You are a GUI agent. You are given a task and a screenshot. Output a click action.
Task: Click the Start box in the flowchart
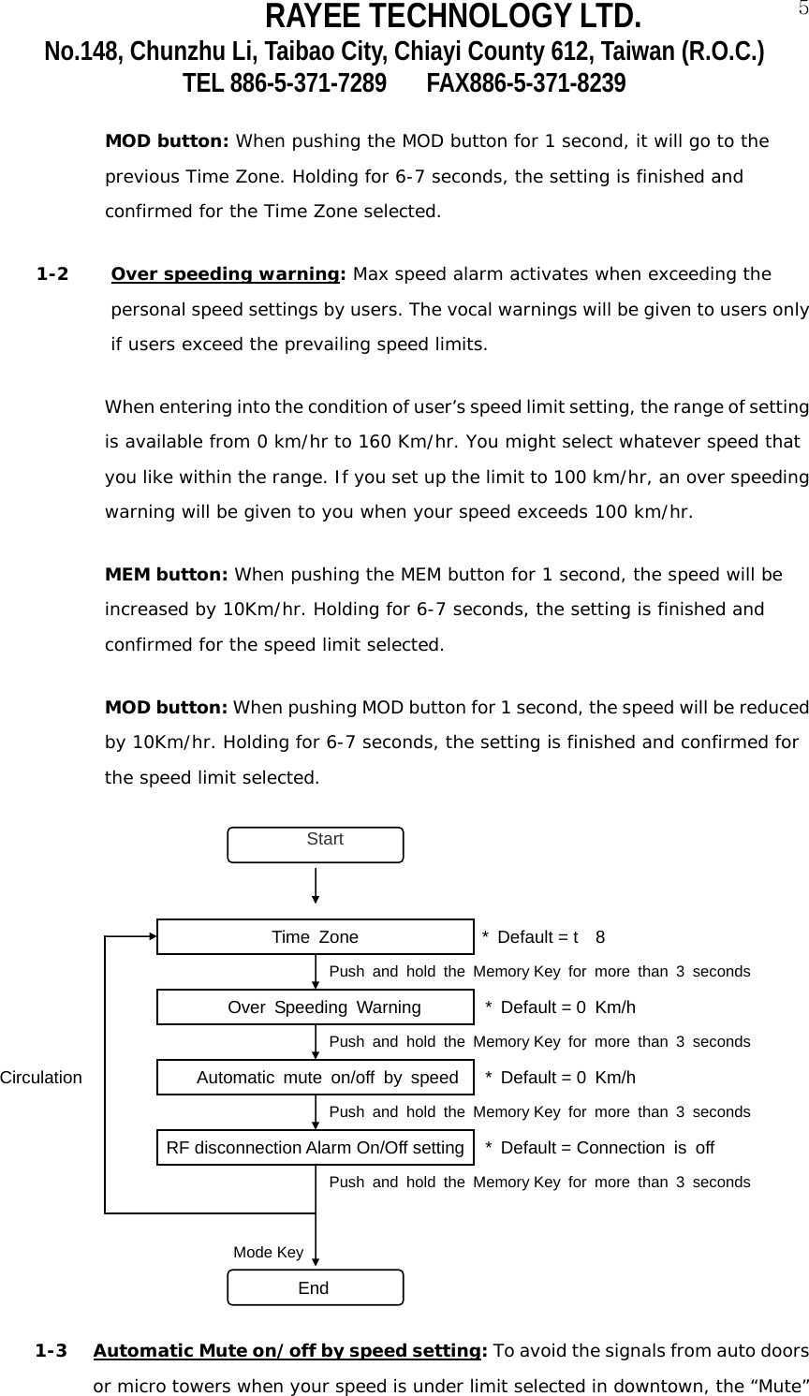pos(316,844)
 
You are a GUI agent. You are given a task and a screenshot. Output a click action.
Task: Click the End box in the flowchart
pos(316,1287)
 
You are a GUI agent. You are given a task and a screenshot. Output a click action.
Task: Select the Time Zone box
pos(315,936)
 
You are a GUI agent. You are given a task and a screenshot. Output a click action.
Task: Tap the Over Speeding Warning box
pos(315,1007)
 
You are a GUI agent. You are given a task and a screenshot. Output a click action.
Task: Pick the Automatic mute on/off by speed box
pos(315,1077)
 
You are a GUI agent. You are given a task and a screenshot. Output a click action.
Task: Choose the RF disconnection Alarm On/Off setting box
pos(315,1147)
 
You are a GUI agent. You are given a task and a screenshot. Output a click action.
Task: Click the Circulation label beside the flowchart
pos(41,1078)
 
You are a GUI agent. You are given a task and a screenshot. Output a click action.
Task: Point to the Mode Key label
pos(268,1252)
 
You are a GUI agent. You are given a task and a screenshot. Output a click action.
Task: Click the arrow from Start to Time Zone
pos(316,885)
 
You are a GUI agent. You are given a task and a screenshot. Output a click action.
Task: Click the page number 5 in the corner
pos(802,10)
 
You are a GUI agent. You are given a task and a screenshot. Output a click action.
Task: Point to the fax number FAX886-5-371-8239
pos(526,84)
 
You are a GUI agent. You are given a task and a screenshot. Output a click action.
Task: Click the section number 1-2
pos(51,275)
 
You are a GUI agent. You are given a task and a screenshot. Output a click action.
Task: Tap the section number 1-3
pos(51,1351)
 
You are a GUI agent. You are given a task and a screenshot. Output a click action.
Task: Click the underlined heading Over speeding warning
pos(225,275)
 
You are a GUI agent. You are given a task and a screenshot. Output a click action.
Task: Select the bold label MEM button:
pos(167,573)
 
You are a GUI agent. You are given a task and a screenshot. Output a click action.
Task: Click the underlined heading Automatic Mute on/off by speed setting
pos(286,1351)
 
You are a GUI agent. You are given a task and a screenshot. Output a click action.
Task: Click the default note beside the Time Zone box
pos(543,937)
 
